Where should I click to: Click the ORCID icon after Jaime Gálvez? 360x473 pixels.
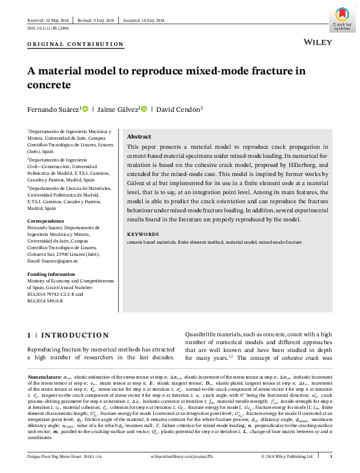pyautogui.click(x=143, y=109)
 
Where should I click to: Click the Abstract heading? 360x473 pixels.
pyautogui.click(x=139, y=137)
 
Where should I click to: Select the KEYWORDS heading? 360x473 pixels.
pyautogui.click(x=143, y=233)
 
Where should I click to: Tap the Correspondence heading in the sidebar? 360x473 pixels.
pyautogui.click(x=47, y=221)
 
